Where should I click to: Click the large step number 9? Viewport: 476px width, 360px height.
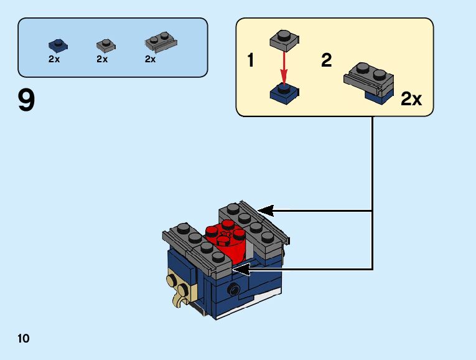(26, 101)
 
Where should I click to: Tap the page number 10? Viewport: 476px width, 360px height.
(24, 338)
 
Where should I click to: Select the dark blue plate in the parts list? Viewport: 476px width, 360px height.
(58, 45)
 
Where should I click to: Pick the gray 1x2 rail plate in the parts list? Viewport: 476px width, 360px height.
(161, 42)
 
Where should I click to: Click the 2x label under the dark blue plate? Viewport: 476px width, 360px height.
(54, 59)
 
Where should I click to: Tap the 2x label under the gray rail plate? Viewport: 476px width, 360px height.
(150, 59)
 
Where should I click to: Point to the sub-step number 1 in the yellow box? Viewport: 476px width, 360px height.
(250, 61)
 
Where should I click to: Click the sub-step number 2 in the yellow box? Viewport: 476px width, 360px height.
(326, 61)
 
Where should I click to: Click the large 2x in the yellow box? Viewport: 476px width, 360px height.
(411, 99)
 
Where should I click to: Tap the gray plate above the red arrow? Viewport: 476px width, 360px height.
(284, 41)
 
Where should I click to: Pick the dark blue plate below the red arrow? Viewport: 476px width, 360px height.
(284, 93)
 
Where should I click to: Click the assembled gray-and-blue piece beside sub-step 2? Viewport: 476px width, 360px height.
(370, 81)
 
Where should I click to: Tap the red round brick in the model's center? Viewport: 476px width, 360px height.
(228, 243)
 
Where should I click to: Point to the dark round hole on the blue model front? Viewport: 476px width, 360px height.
(235, 288)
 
